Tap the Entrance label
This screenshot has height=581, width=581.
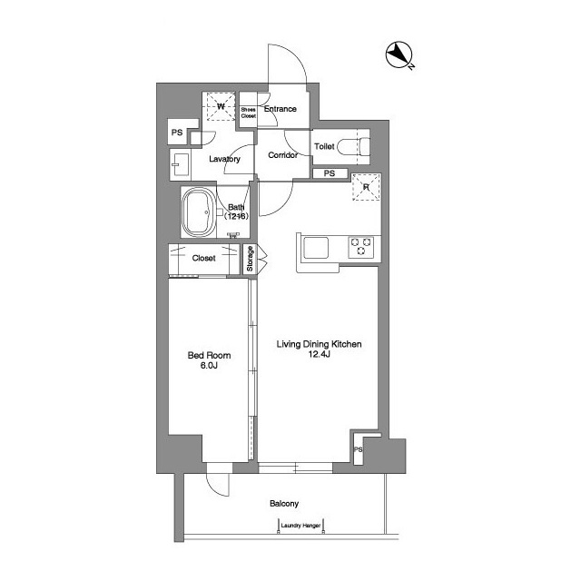point(280,110)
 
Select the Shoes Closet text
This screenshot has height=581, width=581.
point(248,113)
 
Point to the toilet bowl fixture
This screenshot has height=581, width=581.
point(360,145)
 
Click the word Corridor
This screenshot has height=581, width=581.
point(282,155)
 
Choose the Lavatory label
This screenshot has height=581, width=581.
point(224,159)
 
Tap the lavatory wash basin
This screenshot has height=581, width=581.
point(179,165)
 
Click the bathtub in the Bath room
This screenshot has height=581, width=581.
point(198,214)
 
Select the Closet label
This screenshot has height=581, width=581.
point(203,258)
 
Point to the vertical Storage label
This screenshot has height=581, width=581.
point(251,258)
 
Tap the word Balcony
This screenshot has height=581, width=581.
point(284,504)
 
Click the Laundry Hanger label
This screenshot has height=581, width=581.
point(301,524)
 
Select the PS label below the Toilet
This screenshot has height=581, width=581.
point(330,173)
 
